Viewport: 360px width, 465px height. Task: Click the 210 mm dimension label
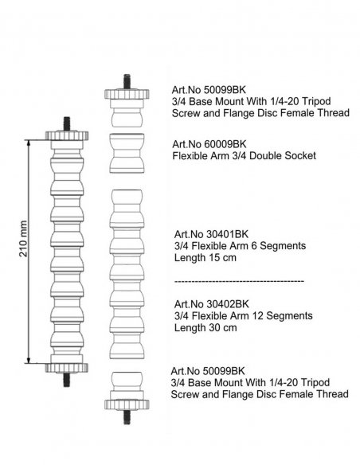pyautogui.click(x=23, y=239)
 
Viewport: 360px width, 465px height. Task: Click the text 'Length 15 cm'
pyautogui.click(x=205, y=257)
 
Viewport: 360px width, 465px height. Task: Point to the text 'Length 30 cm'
pyautogui.click(x=205, y=328)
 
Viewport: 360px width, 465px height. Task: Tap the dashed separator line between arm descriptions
pyautogui.click(x=239, y=281)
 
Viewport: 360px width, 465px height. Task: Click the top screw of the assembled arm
pyautogui.click(x=67, y=124)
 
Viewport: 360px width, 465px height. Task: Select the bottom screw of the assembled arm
pyautogui.click(x=67, y=380)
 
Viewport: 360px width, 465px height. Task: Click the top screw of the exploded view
pyautogui.click(x=127, y=81)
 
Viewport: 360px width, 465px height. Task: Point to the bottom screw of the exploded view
pyautogui.click(x=127, y=416)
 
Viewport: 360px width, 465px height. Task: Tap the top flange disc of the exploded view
pyautogui.click(x=127, y=94)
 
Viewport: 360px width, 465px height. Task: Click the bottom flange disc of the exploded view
pyautogui.click(x=127, y=404)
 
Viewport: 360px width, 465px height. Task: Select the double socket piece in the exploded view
pyautogui.click(x=127, y=153)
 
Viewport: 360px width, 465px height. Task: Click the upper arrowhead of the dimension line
pyautogui.click(x=29, y=143)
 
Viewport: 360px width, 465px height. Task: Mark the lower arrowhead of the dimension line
pyautogui.click(x=29, y=359)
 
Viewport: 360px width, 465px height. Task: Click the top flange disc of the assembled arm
pyautogui.click(x=67, y=136)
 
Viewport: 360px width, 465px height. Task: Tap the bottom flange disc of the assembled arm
pyautogui.click(x=67, y=368)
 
